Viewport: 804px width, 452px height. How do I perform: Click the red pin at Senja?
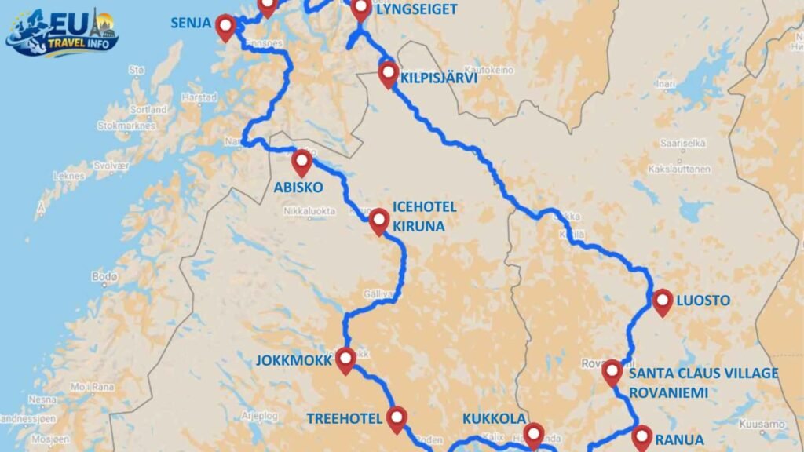click(x=226, y=27)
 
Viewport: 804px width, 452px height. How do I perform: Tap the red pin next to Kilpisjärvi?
click(x=388, y=74)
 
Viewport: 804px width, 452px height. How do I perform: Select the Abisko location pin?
click(x=302, y=162)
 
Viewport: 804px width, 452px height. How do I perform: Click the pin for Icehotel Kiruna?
click(x=379, y=221)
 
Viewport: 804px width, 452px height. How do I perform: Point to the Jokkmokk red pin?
click(x=345, y=359)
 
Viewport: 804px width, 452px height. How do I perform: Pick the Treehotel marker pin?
click(x=397, y=418)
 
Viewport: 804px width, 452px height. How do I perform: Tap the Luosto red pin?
click(x=663, y=301)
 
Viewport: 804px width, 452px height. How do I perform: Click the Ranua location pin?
click(x=642, y=436)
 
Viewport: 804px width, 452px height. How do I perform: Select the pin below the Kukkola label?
click(x=534, y=434)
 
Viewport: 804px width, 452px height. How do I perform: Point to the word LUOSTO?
click(x=705, y=301)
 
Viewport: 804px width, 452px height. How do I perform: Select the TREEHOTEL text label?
click(x=343, y=418)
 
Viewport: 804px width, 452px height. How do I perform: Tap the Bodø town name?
click(x=104, y=277)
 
